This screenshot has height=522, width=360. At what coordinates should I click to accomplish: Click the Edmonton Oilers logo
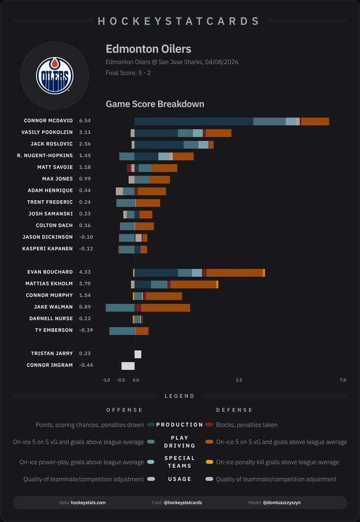tap(55, 75)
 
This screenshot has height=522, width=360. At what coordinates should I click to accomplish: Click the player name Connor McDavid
tap(48, 121)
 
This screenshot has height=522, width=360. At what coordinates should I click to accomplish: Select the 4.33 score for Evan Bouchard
tap(85, 272)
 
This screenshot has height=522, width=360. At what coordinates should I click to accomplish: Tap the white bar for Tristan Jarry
tap(138, 354)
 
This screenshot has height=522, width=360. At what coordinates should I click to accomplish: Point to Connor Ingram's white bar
tap(128, 366)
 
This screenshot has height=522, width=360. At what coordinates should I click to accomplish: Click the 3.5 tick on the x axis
tap(239, 380)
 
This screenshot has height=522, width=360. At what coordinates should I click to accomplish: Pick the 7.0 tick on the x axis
tap(343, 380)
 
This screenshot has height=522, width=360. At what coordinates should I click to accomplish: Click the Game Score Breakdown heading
tap(155, 104)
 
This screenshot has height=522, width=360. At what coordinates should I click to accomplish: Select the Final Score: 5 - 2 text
tap(128, 73)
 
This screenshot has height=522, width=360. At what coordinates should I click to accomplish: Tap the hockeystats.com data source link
tap(88, 502)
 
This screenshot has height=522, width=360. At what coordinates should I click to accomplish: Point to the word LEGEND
tap(179, 396)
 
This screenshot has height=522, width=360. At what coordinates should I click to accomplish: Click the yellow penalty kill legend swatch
tap(209, 462)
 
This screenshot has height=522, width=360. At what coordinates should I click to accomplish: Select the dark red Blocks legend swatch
tap(209, 425)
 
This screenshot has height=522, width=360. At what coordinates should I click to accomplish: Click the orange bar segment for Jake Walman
tap(165, 307)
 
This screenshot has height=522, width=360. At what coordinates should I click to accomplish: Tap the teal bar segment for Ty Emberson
tap(122, 331)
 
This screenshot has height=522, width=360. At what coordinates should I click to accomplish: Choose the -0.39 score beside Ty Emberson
tap(86, 330)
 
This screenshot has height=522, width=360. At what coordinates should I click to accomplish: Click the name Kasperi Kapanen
tap(47, 249)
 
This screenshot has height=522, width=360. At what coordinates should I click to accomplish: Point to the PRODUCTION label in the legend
tap(179, 425)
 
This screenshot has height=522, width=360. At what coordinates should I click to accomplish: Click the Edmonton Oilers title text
tap(148, 49)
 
